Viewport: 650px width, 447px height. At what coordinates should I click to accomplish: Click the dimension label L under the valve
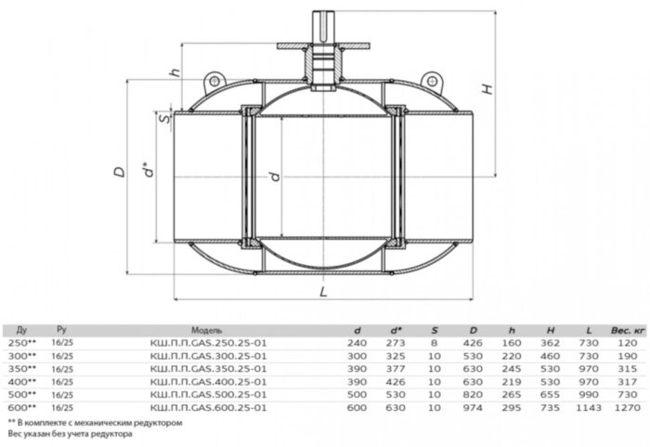click(x=322, y=292)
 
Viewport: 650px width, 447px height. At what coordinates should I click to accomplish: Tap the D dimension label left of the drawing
click(x=118, y=173)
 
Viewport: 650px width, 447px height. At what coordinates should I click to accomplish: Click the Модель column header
click(x=205, y=329)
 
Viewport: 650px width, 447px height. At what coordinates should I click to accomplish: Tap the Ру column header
click(x=63, y=329)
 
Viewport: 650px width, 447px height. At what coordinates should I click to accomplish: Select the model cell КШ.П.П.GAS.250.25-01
click(x=216, y=342)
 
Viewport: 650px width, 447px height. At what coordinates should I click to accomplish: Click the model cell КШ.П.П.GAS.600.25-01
click(x=216, y=407)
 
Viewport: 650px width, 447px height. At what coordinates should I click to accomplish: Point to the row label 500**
click(x=21, y=394)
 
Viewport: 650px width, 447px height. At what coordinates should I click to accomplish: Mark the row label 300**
click(x=21, y=355)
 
